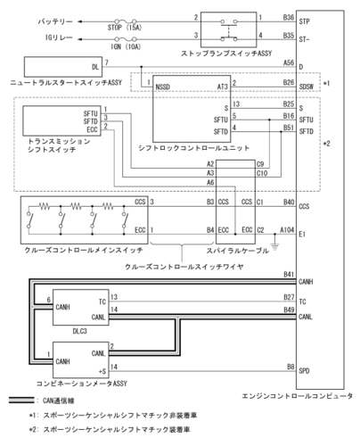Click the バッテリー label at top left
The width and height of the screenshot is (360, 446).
(39, 17)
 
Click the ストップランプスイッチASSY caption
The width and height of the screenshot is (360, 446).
(232, 53)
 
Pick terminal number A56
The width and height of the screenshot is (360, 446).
(288, 62)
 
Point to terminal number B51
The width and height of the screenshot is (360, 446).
(288, 127)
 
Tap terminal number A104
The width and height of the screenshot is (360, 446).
(284, 228)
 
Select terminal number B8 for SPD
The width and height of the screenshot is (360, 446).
(290, 365)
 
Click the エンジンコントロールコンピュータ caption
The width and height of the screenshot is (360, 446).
(298, 395)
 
